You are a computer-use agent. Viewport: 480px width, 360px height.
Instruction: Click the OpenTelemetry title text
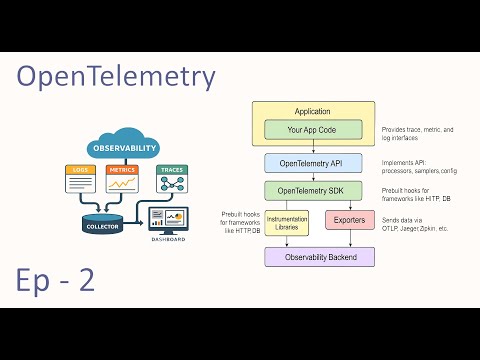pos(116,77)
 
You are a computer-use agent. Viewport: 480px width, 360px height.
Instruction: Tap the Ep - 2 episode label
pos(56,280)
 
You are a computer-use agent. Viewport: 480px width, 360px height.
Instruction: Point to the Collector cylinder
pos(104,222)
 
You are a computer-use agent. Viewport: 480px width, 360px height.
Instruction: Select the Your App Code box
pos(312,130)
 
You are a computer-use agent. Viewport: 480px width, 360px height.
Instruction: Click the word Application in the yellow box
pos(312,111)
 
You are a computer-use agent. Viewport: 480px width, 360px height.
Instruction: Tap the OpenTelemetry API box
pos(312,162)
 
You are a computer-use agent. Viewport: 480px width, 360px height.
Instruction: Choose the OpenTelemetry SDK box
pos(312,190)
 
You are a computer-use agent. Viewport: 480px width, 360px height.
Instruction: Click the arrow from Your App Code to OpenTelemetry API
pos(312,147)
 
